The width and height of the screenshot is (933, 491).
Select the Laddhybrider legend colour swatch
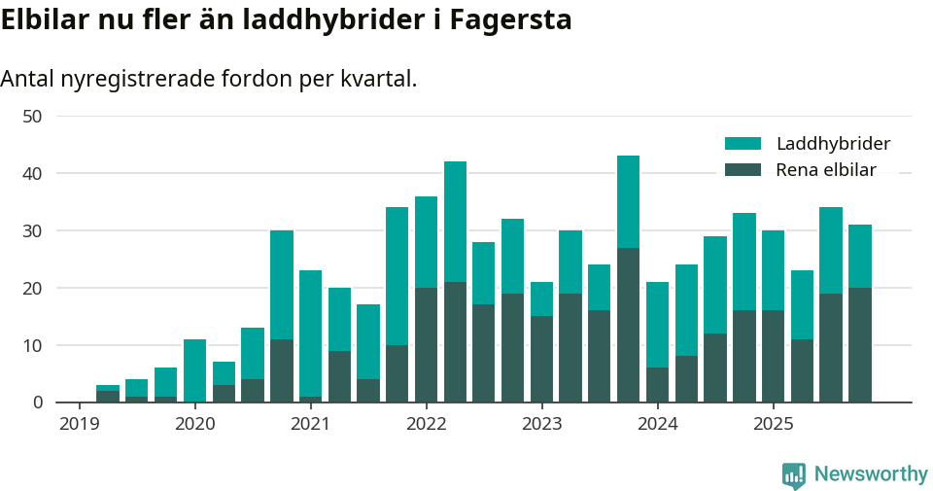(743, 144)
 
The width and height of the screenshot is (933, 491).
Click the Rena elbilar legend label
(826, 170)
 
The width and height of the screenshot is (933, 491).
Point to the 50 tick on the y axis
(33, 117)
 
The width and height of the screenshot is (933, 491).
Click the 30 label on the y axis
(33, 231)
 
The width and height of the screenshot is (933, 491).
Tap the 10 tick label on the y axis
(33, 345)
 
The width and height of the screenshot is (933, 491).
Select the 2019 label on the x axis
(80, 424)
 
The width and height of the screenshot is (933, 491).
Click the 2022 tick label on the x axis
(426, 424)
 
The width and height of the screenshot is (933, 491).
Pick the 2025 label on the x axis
(773, 424)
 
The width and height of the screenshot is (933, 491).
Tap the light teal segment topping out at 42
(455, 222)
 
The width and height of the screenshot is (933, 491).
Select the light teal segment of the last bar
(859, 256)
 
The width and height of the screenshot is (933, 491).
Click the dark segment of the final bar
(859, 344)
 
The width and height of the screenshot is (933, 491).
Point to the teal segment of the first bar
(108, 388)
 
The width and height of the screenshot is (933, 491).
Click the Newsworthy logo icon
(794, 475)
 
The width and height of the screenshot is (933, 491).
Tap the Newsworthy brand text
(870, 474)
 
